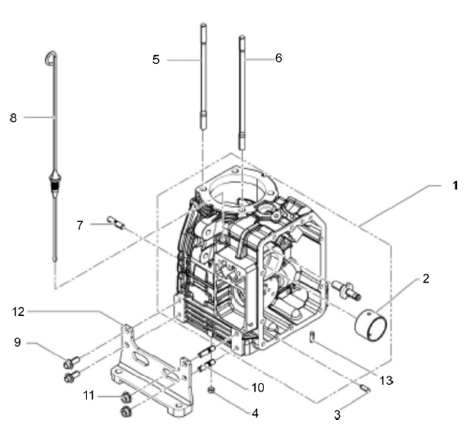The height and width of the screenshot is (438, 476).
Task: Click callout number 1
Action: [455, 185]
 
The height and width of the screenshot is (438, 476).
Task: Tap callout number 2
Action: [426, 278]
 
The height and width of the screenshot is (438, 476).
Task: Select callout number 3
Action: [338, 415]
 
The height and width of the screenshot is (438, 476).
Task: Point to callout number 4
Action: [255, 413]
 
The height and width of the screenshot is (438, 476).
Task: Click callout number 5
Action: [156, 60]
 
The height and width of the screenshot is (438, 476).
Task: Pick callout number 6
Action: [279, 58]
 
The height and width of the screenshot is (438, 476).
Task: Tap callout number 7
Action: [79, 225]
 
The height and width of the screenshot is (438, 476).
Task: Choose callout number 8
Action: [13, 118]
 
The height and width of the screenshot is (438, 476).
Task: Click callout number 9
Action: [17, 342]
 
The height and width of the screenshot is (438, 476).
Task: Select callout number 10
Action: [258, 387]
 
